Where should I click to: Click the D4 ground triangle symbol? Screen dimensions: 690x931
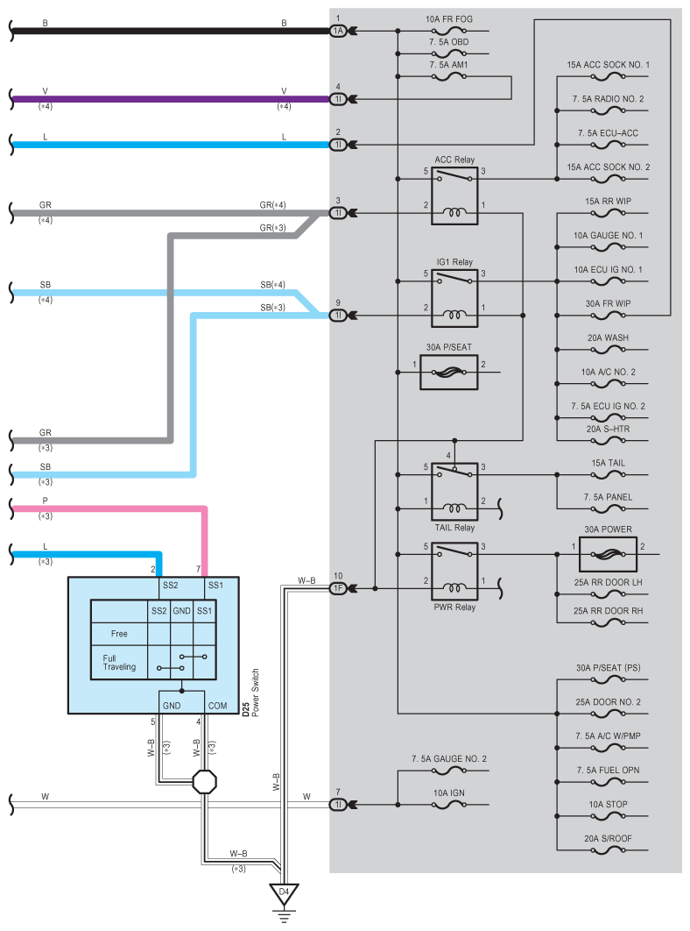285,893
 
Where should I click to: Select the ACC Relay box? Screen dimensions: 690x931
454,196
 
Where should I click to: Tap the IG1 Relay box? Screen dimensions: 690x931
454,298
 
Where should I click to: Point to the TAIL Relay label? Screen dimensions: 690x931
454,527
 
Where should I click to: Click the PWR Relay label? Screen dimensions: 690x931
454,607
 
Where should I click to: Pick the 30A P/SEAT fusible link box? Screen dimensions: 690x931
449,373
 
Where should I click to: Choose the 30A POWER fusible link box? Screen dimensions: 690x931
608,555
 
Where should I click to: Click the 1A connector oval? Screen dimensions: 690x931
338,31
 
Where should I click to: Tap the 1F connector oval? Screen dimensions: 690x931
338,588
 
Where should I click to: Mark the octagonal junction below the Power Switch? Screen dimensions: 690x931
205,782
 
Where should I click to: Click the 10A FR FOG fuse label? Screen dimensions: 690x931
449,19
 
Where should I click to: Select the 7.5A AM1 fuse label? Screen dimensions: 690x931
449,65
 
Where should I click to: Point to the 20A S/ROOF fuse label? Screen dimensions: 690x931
608,838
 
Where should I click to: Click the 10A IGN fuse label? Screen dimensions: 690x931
449,792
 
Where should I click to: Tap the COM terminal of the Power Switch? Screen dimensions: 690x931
217,706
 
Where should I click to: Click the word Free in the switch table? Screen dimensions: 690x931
119,634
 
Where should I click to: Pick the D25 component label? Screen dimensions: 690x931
246,709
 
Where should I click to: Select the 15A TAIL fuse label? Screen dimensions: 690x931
608,463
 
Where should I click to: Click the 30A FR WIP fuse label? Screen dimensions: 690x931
608,303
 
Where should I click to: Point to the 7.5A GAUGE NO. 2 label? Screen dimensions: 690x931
449,759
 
